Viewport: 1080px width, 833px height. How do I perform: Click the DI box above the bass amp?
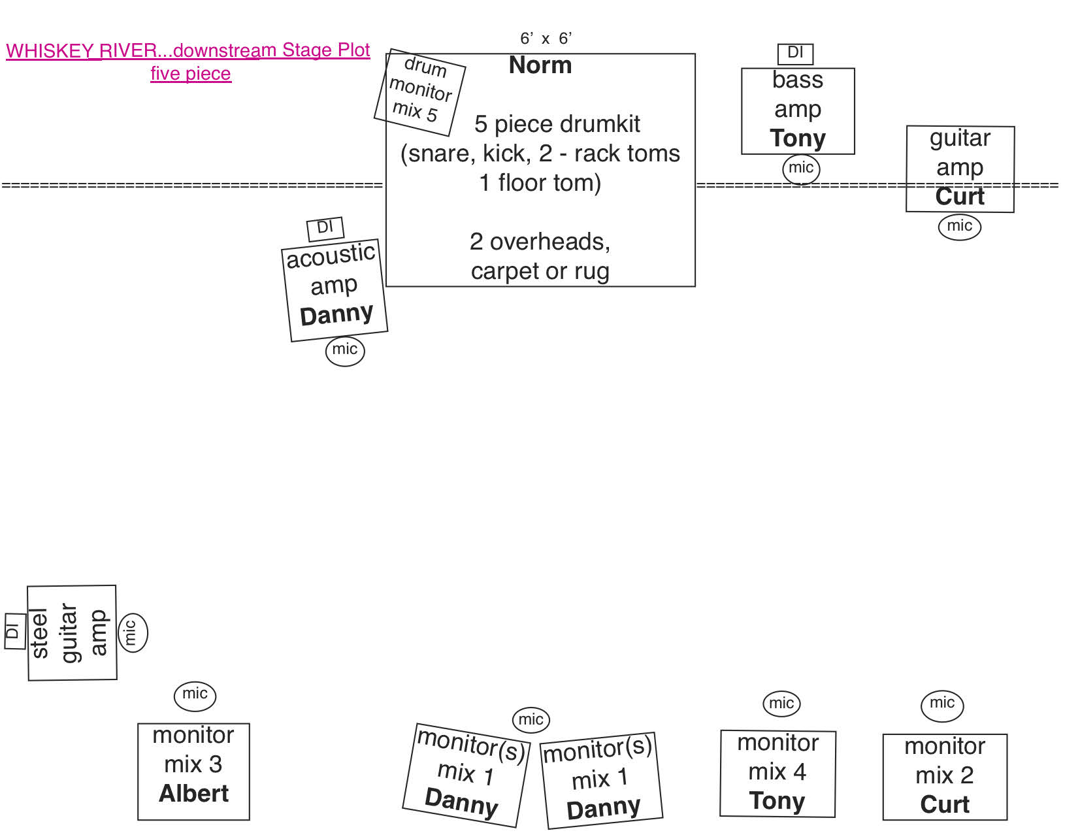[x=795, y=53]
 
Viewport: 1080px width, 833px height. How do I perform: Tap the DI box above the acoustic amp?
[x=325, y=228]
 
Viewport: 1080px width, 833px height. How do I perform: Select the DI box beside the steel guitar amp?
[x=14, y=631]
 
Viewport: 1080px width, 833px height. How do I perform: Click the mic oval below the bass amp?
[x=801, y=169]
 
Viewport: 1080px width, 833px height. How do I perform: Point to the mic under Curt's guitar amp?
[x=959, y=226]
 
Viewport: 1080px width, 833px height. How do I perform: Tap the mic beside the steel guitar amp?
[x=132, y=632]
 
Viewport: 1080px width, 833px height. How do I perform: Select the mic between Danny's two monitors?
[x=531, y=720]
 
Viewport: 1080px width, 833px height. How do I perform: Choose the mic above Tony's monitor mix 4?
[x=781, y=703]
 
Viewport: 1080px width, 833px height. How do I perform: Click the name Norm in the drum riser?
[x=540, y=65]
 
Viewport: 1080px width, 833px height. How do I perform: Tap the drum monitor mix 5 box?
[x=420, y=91]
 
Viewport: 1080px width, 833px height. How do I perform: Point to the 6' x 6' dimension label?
[x=546, y=39]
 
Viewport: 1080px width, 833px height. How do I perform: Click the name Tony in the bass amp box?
[x=798, y=139]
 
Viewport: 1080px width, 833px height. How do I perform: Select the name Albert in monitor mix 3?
[x=194, y=794]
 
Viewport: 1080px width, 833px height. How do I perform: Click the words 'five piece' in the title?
[x=191, y=73]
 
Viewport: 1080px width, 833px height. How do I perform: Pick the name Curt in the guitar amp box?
[x=960, y=197]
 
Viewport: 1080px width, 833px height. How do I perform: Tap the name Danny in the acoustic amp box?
[x=336, y=315]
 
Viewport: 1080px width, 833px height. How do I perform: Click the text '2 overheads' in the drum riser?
[x=540, y=242]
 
